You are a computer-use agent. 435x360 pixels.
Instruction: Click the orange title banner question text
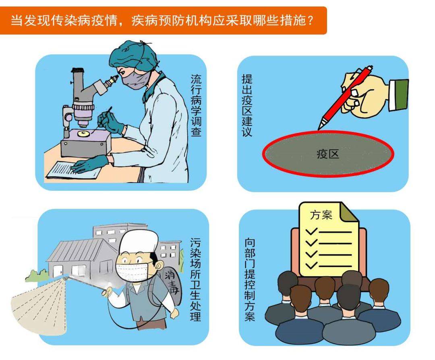click(x=161, y=20)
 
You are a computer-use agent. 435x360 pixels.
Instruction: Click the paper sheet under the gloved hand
click(x=72, y=169)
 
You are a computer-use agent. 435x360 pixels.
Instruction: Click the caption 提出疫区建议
click(x=246, y=105)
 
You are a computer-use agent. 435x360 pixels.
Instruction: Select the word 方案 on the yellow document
click(x=321, y=215)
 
